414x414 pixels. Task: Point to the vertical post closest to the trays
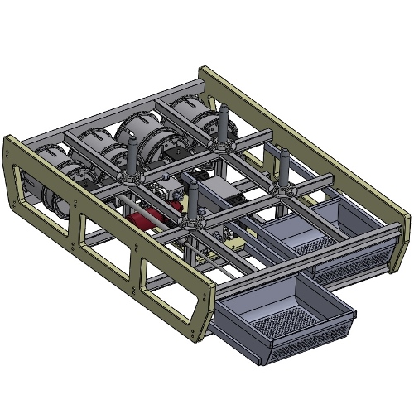(x=280, y=170)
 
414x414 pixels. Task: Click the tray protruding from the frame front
(x=282, y=319)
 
